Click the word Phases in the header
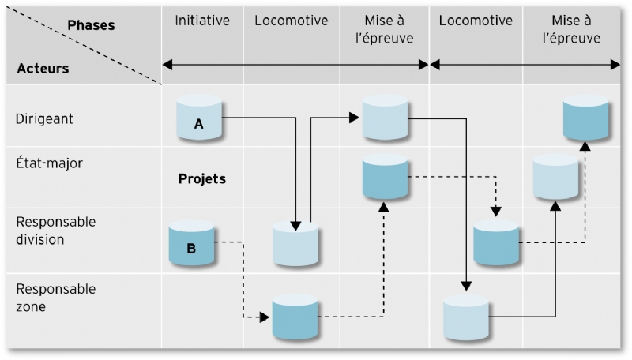tap(91, 25)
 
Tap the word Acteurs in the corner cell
tap(43, 68)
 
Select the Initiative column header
tap(202, 21)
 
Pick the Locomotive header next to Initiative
tap(291, 21)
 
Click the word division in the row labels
tap(40, 239)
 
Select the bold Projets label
tap(202, 179)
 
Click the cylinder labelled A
tap(199, 119)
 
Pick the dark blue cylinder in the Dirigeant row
tap(586, 118)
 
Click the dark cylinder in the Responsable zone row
tap(295, 317)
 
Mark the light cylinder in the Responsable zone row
tap(466, 317)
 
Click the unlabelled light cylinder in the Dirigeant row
tap(385, 118)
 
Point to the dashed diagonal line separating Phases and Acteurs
tap(83, 47)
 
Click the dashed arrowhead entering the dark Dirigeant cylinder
tap(585, 147)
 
